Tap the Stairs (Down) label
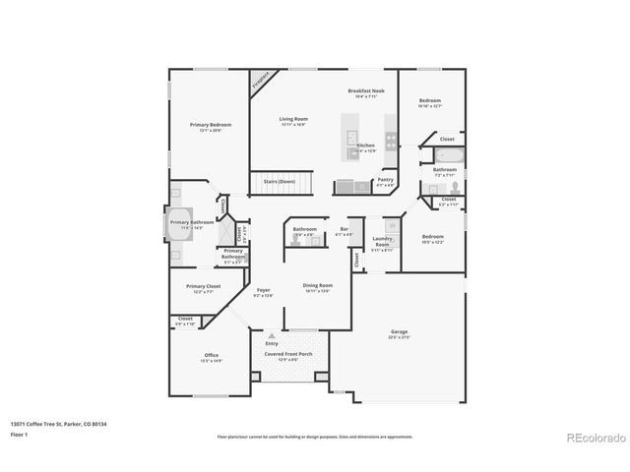click(x=280, y=181)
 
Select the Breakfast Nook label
click(x=364, y=91)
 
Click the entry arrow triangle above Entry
click(x=272, y=335)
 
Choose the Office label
click(x=212, y=355)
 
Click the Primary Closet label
click(x=205, y=286)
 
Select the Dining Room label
click(x=317, y=285)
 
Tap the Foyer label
click(x=264, y=290)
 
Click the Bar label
click(x=345, y=229)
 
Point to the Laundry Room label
click(x=383, y=242)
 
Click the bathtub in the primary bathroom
click(x=178, y=223)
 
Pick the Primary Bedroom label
click(x=210, y=125)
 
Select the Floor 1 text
click(x=21, y=434)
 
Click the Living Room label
click(x=293, y=119)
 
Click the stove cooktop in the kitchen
click(x=391, y=140)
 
